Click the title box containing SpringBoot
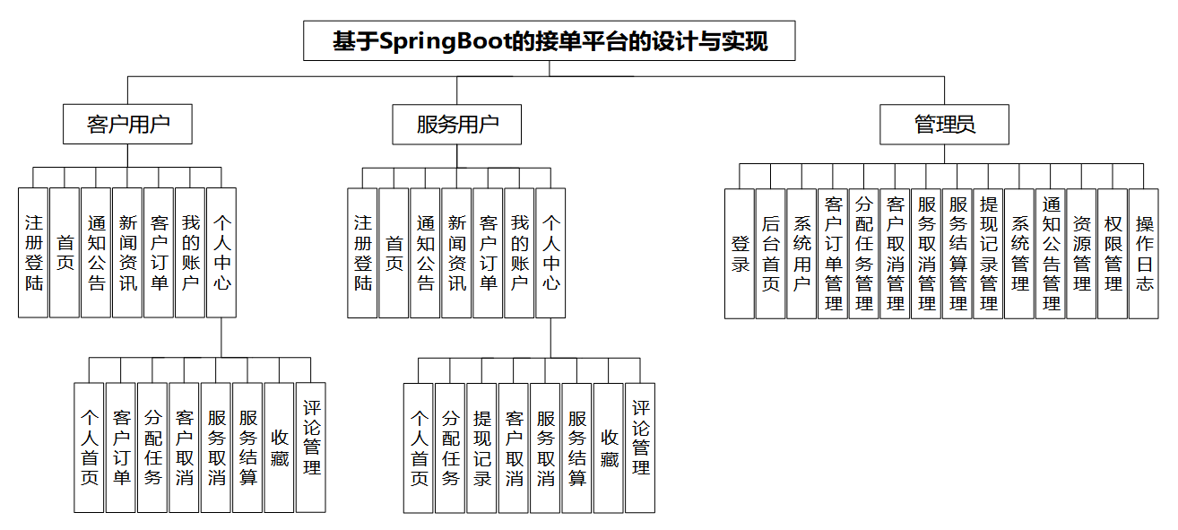549,41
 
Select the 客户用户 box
127,124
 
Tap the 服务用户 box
456,124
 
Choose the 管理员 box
944,124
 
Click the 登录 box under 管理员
740,253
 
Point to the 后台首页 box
771,253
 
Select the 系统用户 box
801,253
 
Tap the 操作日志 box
1144,253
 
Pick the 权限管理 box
1113,253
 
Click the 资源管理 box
1082,253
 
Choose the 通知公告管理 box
1051,253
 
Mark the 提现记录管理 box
989,253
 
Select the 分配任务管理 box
864,253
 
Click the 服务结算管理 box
957,253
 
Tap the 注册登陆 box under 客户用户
33,253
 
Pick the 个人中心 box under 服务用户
550,253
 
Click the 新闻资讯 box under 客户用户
127,253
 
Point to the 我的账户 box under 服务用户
519,253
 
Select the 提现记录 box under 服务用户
482,447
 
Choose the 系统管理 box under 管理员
1019,253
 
